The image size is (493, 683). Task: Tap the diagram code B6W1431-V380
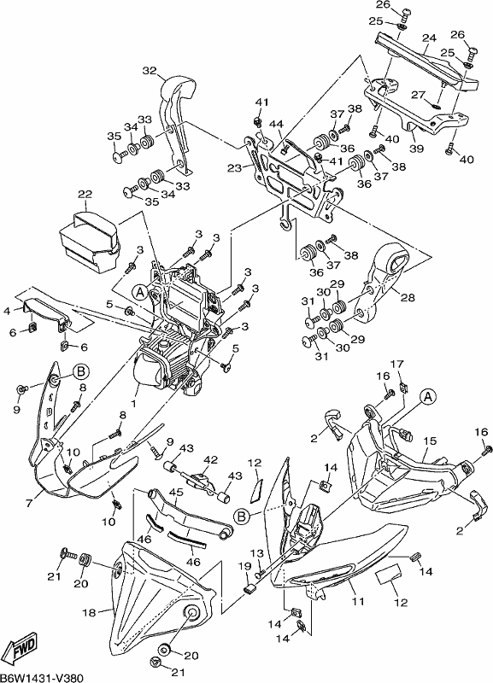42,677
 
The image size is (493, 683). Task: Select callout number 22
85,195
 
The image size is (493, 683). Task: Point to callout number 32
149,71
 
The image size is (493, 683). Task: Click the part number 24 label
429,38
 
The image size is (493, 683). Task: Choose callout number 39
416,148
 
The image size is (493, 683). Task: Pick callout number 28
408,297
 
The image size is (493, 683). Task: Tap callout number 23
234,167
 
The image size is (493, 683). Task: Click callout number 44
275,124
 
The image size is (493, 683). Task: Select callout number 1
133,404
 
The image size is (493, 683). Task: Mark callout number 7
30,503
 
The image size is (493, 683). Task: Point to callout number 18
89,612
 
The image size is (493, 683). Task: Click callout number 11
358,602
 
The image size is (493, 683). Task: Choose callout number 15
430,441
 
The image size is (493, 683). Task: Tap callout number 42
210,460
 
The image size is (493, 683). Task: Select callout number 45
176,493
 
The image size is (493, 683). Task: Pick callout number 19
244,566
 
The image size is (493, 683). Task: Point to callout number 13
258,553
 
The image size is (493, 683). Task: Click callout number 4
7,311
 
